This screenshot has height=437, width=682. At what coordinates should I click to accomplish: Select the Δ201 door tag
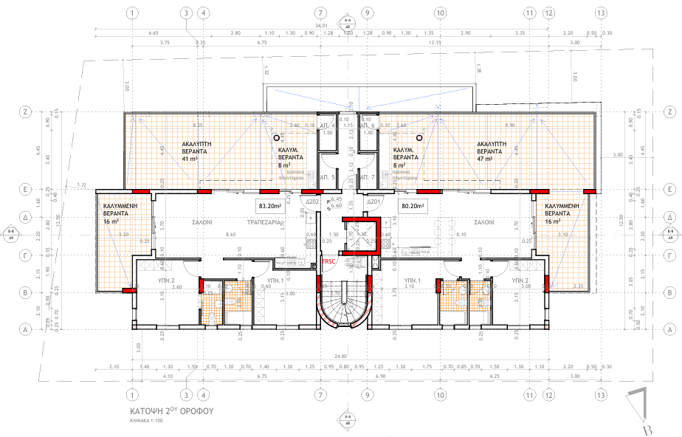[x=373, y=201]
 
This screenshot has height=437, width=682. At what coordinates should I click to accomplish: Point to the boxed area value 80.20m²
[x=414, y=206]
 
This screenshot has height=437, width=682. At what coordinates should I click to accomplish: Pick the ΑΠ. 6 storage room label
[x=368, y=127]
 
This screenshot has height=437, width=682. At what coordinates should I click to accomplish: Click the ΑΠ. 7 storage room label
[x=368, y=178]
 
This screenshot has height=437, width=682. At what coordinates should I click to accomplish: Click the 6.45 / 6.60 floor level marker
[x=337, y=202]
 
